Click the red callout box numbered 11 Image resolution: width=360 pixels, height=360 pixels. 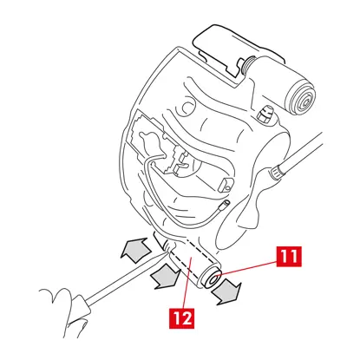289,257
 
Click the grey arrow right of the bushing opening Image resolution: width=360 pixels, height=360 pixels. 227,292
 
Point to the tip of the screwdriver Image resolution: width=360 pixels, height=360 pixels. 168,251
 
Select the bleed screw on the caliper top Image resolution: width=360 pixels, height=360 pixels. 265,114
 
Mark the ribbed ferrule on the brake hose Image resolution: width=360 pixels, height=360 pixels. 277,173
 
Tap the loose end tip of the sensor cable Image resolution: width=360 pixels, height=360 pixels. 225,205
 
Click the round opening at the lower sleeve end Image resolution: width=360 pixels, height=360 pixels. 214,280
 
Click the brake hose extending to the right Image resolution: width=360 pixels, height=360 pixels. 301,154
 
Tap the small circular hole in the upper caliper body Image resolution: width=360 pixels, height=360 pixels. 188,107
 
